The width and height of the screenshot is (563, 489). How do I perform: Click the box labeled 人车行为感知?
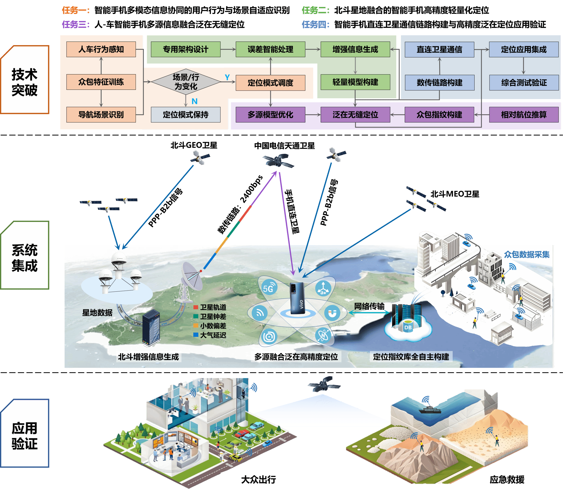coord(101,49)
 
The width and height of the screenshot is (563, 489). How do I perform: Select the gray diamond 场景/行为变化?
coord(186,82)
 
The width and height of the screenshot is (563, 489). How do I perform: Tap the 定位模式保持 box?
coord(186,115)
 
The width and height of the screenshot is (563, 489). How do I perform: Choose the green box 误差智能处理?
coord(270,49)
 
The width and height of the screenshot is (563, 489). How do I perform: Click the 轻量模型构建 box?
coord(355,82)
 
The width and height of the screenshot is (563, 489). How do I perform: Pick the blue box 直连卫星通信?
coord(439,50)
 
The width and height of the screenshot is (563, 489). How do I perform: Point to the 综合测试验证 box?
coord(524,83)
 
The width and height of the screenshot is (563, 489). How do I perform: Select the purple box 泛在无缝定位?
coord(355,115)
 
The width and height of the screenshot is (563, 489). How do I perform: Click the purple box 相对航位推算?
coord(524,115)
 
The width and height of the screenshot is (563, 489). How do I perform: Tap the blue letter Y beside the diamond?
coord(227,77)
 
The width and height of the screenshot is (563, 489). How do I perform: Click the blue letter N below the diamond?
coord(194,101)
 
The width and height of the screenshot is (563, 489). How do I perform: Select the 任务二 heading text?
coord(315,10)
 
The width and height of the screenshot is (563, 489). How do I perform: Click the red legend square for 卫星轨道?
coord(196,307)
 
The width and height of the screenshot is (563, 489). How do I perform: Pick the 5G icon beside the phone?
coord(268,288)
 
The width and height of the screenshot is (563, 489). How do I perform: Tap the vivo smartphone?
coord(297,298)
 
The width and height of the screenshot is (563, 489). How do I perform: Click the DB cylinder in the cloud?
coord(408,327)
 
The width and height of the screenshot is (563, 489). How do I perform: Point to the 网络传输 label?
coord(369,306)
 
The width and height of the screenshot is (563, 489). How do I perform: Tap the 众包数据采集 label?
coord(527,254)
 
